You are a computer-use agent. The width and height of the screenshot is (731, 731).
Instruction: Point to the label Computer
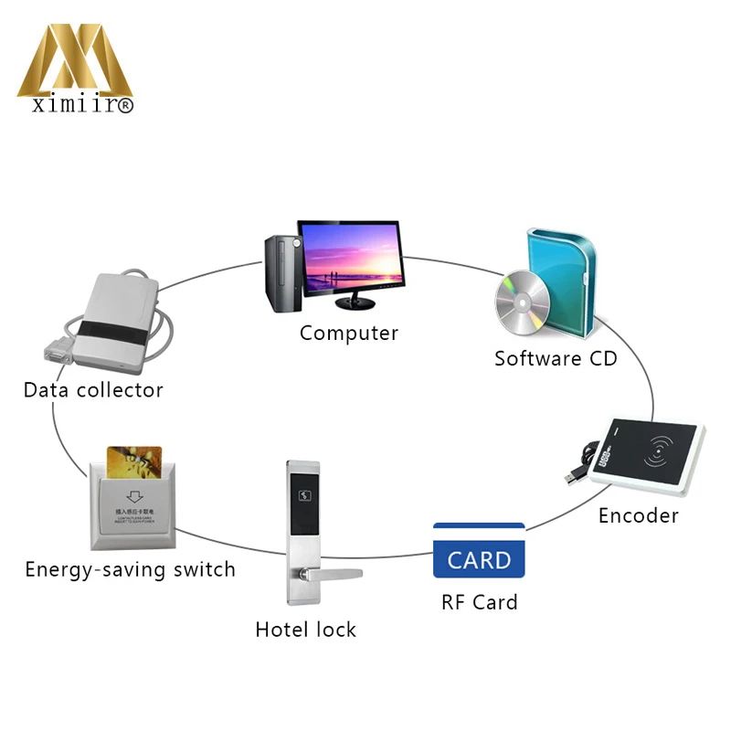(349, 333)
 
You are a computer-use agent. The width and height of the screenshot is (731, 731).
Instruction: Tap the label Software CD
(556, 358)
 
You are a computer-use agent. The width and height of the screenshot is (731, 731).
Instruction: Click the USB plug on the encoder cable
(573, 476)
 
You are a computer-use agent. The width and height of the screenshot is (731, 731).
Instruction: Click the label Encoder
(638, 515)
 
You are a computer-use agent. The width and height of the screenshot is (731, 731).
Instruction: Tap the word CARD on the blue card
(479, 559)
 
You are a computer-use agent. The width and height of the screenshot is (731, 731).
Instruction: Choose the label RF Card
(479, 602)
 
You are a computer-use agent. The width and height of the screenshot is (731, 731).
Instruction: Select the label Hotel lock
(305, 630)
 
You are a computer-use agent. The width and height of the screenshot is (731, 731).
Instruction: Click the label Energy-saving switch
(130, 570)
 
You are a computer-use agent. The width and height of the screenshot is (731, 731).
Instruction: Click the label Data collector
(93, 390)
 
